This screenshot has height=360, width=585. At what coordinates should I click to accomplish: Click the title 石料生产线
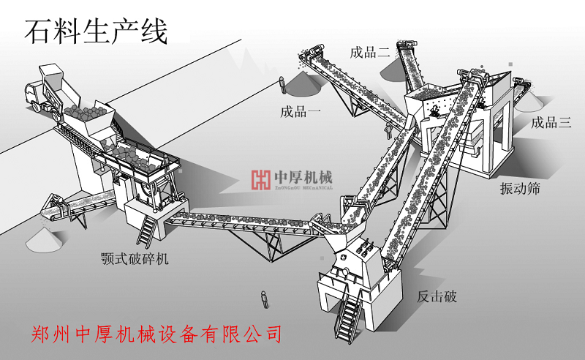(x=96, y=31)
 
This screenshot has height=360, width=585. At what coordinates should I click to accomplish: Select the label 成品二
(x=370, y=52)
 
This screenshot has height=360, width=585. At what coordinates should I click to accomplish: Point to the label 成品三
(x=551, y=122)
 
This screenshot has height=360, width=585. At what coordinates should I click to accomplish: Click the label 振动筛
(x=520, y=188)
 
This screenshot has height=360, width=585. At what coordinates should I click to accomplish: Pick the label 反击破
(x=437, y=296)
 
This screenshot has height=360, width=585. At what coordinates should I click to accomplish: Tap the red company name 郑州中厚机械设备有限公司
(x=157, y=334)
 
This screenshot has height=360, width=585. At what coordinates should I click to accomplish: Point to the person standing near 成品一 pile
(x=280, y=83)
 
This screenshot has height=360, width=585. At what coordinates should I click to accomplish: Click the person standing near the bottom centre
(x=263, y=299)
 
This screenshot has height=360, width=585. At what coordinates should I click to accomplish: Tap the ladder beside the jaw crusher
(x=147, y=230)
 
